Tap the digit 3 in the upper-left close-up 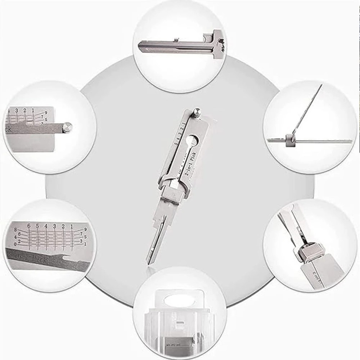click(17, 110)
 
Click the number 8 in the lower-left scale click(16, 229)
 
